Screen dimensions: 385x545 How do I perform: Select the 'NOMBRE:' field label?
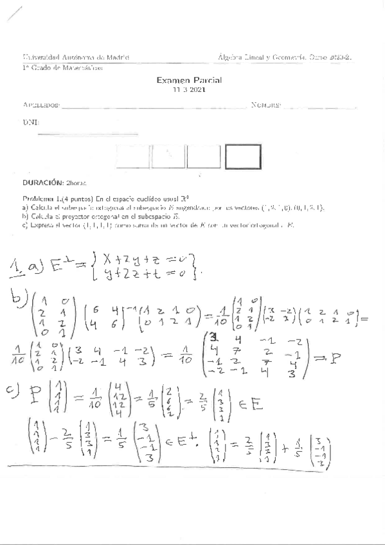click(x=266, y=105)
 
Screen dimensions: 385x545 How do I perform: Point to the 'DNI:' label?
click(x=30, y=121)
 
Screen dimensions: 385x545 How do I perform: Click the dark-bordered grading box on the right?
click(x=243, y=157)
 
